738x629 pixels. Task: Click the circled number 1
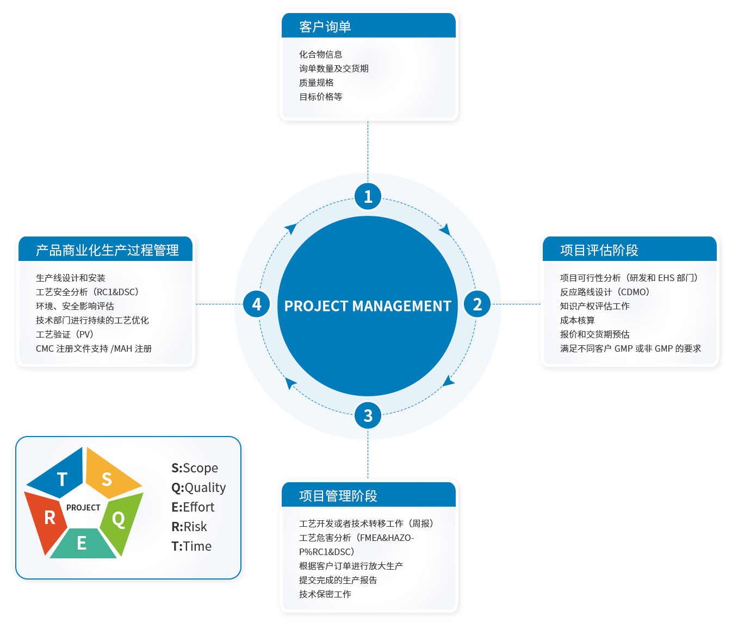[x=368, y=196]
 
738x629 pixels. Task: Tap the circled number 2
[x=477, y=304]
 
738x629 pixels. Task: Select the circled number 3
[x=368, y=416]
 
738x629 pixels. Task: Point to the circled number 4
[x=256, y=304]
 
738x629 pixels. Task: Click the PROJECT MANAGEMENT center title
[x=368, y=306]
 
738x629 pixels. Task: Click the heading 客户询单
[x=325, y=27]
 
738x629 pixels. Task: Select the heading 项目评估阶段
[x=599, y=250]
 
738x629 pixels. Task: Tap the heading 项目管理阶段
[x=338, y=496]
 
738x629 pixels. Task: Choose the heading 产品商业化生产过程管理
[x=107, y=250]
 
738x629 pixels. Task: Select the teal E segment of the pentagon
[x=82, y=545]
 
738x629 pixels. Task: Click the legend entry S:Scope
[x=195, y=468]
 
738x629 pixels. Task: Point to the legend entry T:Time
[x=191, y=546]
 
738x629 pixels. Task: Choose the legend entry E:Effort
[x=193, y=507]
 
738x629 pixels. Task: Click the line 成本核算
[x=577, y=320]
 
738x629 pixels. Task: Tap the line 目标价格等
[x=320, y=97]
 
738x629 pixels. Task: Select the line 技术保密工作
[x=325, y=594]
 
